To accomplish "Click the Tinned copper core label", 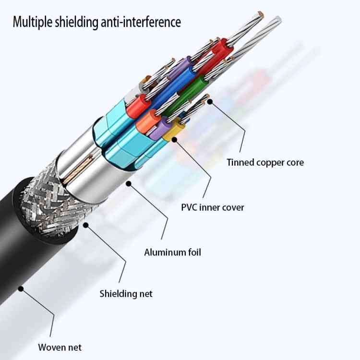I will coord(265,162).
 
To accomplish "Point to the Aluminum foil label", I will coord(172,252).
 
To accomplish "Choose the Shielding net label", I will coord(126,293).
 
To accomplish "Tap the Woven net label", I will coord(60,347).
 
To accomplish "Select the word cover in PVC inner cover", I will coord(232,207).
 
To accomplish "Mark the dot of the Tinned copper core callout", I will coord(210,102).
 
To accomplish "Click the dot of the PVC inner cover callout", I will coord(174,140).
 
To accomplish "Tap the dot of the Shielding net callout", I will coord(86,225).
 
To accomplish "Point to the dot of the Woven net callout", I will coord(21,288).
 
